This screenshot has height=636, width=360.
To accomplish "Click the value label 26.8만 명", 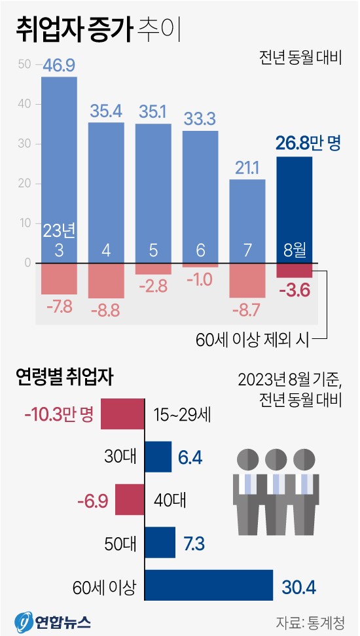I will click(310, 143).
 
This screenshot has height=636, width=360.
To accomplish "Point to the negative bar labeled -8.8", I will click(106, 281).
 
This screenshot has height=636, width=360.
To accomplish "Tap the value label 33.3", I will click(200, 118).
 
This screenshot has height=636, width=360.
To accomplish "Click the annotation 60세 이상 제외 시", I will click(251, 339).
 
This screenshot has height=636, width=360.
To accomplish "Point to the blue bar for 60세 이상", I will click(208, 586).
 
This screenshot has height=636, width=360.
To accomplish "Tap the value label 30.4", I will click(298, 587).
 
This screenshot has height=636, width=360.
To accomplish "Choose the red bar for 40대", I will click(130, 500).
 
